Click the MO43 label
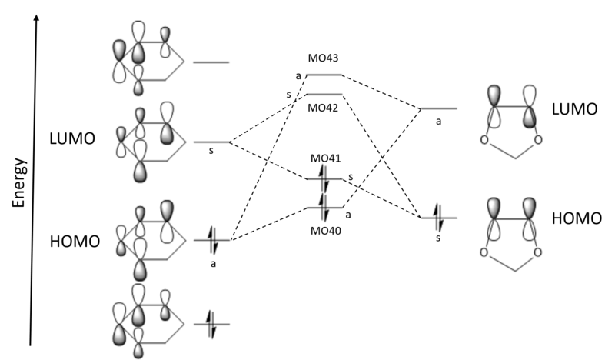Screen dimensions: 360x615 323,58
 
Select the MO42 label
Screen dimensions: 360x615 323,107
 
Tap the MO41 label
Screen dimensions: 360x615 324,159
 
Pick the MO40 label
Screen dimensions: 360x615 324,230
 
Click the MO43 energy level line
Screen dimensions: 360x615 324,75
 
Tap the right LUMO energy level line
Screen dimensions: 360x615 439,108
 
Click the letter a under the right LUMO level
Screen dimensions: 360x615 438,121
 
